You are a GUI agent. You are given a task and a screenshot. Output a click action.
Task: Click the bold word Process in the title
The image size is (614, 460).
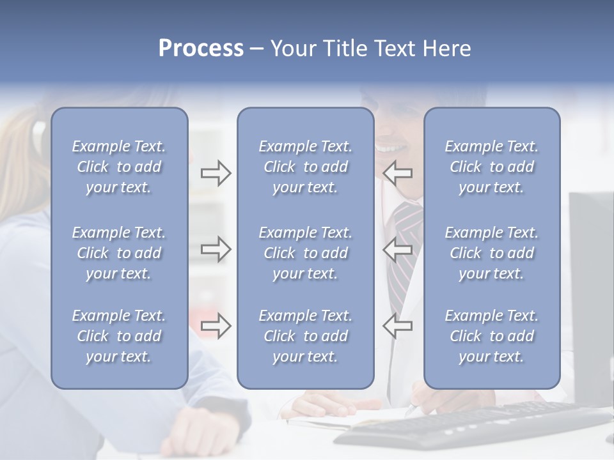[201, 49]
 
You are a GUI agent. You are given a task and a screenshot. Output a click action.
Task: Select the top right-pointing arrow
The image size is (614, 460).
[216, 173]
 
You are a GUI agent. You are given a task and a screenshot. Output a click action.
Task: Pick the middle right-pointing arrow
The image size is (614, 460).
[216, 249]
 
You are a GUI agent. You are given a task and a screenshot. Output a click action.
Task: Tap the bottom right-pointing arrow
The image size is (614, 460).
[216, 325]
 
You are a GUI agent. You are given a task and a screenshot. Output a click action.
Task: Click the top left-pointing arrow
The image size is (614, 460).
[398, 173]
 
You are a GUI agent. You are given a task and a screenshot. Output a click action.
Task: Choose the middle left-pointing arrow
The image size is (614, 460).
[398, 249]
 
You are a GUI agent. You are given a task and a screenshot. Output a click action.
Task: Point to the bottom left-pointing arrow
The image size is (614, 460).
[398, 325]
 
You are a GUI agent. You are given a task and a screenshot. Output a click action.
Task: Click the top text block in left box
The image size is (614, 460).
[119, 167]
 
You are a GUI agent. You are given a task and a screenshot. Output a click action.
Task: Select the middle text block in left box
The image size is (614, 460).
[119, 253]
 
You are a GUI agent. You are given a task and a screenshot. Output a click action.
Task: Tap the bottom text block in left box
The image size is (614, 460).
[119, 336]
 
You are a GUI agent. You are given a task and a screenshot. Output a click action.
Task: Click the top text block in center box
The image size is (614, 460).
[305, 167]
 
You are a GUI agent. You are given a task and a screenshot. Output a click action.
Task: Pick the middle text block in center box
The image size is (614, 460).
[305, 253]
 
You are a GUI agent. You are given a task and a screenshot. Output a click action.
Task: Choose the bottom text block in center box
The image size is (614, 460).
[305, 336]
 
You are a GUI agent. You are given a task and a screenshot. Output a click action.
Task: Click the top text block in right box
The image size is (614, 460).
[491, 167]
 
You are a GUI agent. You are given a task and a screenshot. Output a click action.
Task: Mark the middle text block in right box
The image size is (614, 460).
[491, 253]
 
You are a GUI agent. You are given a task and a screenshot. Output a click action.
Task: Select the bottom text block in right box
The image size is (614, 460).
[491, 336]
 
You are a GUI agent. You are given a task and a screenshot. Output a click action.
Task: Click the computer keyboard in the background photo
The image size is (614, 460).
[473, 425]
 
